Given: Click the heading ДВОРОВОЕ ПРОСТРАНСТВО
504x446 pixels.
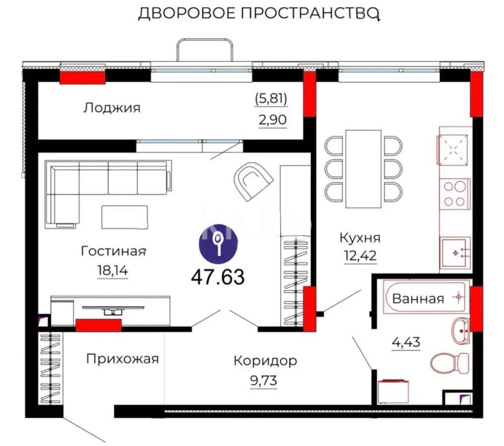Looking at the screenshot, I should tap(258, 14).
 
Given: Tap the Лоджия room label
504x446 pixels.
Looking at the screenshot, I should tap(112, 108).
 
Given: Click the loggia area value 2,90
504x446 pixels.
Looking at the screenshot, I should tap(271, 120).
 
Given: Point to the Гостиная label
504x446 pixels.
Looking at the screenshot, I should tap(114, 251).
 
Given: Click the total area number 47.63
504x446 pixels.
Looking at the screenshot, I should tap(218, 278).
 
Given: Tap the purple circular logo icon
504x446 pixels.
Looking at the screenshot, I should tap(218, 242).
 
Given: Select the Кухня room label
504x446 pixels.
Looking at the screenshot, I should tap(360, 238).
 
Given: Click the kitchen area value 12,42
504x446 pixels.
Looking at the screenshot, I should tap(360, 257).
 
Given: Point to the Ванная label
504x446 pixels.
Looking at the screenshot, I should tap(418, 299).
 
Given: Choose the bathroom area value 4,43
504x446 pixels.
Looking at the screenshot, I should tap(406, 342).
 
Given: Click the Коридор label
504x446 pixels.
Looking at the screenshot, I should tap(265, 360).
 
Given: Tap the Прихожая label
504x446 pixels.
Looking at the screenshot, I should tap(123, 358).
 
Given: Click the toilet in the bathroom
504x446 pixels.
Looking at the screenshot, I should tap(449, 363).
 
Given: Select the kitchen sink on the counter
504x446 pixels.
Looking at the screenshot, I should tap(454, 252).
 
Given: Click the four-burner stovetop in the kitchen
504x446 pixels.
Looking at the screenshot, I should tap(454, 193).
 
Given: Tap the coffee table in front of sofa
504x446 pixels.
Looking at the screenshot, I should tap(125, 217).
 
